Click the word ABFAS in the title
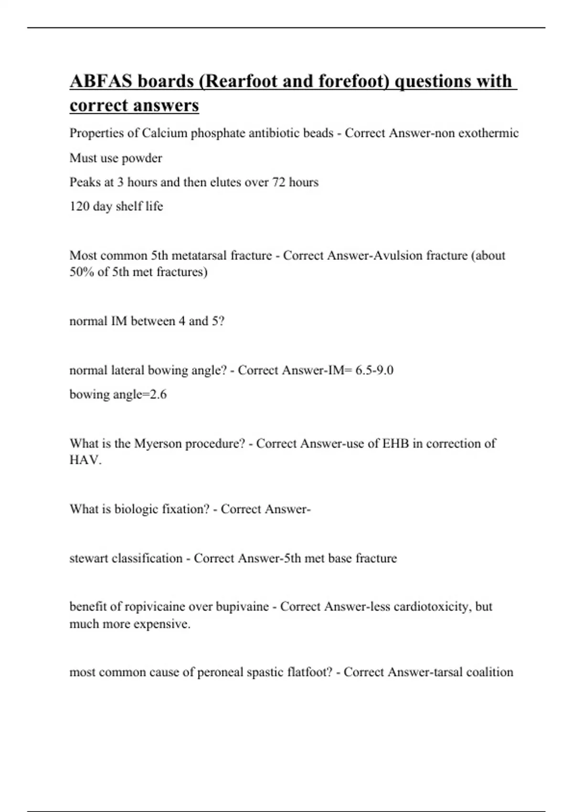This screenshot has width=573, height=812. point(101,81)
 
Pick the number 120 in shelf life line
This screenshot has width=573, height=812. point(79,206)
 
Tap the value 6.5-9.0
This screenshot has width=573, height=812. point(374,370)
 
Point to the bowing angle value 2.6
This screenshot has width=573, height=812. point(158,395)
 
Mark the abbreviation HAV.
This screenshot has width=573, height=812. point(85,460)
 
